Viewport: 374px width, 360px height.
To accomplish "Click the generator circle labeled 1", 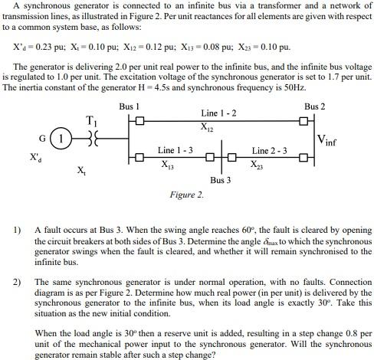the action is point(57,140).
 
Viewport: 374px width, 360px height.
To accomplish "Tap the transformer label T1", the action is point(92,121).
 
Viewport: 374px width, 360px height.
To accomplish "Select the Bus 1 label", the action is point(130,105).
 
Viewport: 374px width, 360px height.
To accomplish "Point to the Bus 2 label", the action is point(314,105).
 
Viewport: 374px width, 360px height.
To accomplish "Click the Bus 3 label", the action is point(220,180).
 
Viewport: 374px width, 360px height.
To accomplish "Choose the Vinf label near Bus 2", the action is point(331,140).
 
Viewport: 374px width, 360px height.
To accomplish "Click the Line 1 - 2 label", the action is point(218,113).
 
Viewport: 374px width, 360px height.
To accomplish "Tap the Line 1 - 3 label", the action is point(175,150).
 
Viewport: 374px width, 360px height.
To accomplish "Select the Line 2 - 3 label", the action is point(270,150).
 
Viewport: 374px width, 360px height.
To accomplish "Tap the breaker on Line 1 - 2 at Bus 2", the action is point(304,121).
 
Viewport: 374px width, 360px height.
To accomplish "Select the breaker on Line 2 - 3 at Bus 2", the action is point(304,159).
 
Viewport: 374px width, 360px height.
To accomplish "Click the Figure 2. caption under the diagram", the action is point(187,195).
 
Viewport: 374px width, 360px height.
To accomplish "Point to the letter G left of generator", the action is point(42,139).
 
